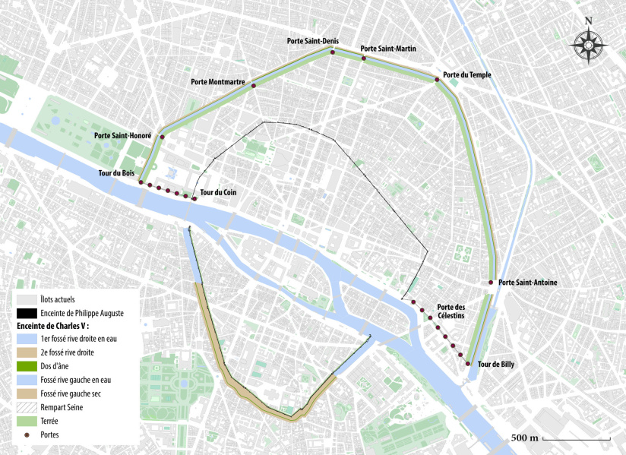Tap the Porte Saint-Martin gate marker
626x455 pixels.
coord(364,58)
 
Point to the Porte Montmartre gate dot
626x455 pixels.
coord(253,86)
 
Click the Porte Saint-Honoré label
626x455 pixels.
coord(123,135)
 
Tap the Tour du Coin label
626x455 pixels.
coord(218,192)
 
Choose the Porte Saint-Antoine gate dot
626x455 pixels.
coord(491,283)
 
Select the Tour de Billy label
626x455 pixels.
coord(495,365)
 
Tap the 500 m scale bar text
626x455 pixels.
coord(524,438)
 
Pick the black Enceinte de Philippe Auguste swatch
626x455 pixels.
coord(25,313)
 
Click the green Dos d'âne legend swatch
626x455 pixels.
coord(25,366)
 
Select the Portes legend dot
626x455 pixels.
coord(25,434)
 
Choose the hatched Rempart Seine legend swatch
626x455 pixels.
coord(25,407)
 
